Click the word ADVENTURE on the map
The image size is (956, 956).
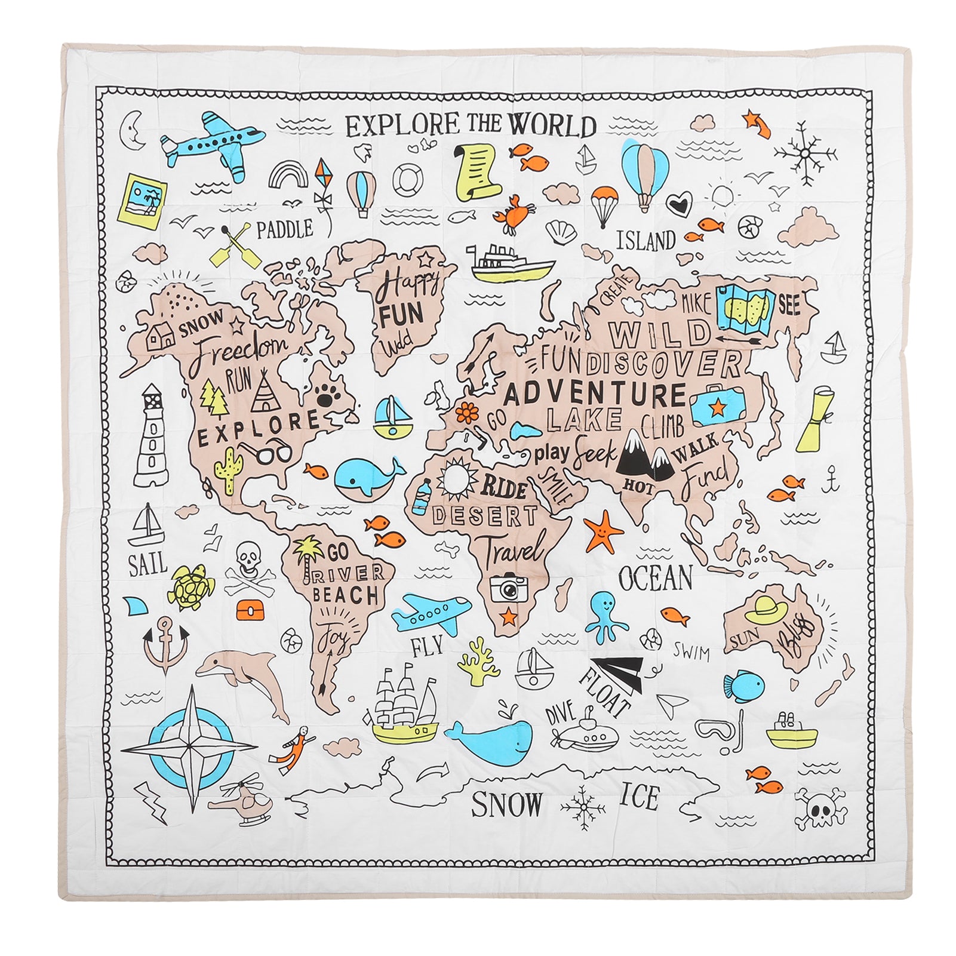[x=595, y=395]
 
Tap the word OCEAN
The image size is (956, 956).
[x=655, y=577]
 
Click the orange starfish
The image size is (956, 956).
[x=603, y=531]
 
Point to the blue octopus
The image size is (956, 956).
[x=606, y=614]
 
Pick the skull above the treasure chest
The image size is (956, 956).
[x=246, y=558]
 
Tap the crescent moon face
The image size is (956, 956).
[x=133, y=129]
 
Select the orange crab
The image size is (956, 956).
[x=514, y=213]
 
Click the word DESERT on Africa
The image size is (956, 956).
[x=484, y=515]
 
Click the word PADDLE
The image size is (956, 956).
[x=285, y=229]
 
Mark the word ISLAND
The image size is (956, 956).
[x=646, y=241]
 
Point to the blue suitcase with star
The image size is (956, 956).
[x=717, y=404]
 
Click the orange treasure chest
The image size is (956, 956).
[x=249, y=610]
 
